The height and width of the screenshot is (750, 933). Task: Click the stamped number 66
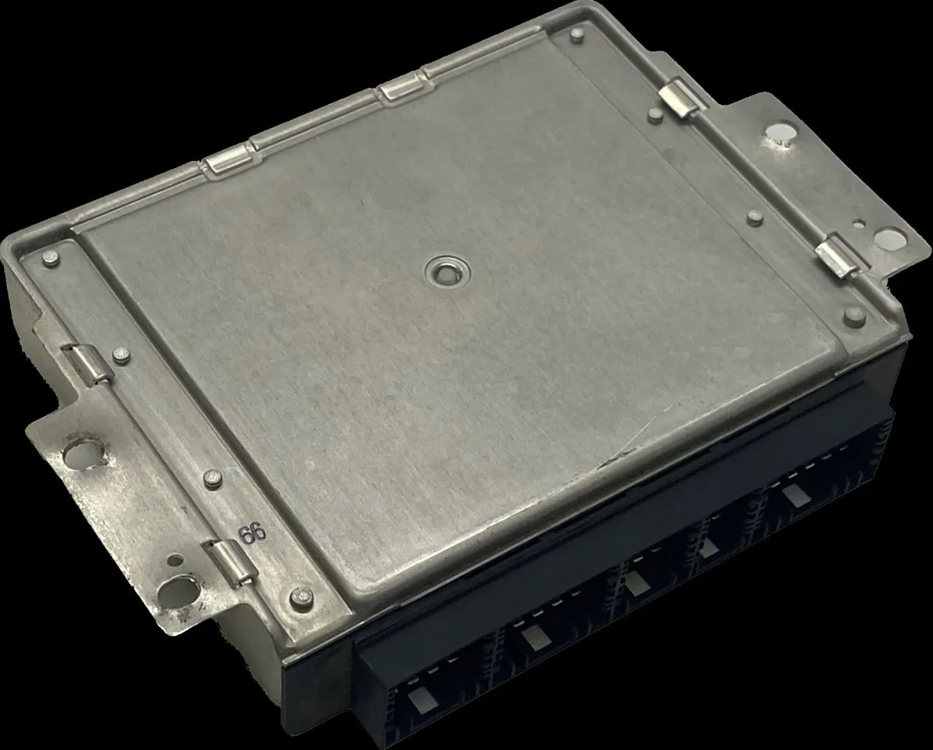[253, 532]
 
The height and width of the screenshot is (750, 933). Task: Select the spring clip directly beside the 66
[232, 563]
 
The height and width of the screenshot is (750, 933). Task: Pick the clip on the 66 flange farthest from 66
[87, 365]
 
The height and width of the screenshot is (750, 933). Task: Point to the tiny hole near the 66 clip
[175, 560]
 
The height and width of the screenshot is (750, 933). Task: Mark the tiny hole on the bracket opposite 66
[858, 224]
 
